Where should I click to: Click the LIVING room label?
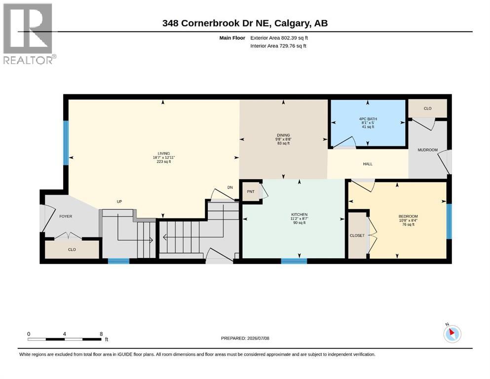(x=164, y=153)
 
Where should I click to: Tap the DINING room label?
(x=283, y=135)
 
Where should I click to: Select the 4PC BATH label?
(x=368, y=119)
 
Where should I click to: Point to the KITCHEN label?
(x=300, y=215)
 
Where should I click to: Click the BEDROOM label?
(x=408, y=216)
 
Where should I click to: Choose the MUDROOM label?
(x=427, y=150)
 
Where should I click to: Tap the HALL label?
(x=368, y=164)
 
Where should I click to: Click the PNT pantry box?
(x=251, y=191)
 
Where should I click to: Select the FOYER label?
(x=66, y=216)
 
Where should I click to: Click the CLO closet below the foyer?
(x=72, y=249)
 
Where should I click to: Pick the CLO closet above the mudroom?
(x=427, y=109)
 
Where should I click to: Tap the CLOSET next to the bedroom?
(x=357, y=235)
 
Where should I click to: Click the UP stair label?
(x=119, y=202)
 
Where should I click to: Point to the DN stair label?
(x=230, y=188)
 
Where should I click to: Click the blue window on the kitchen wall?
(x=294, y=261)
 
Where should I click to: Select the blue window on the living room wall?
(x=66, y=143)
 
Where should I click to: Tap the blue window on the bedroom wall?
(x=449, y=222)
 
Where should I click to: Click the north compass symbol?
(x=452, y=334)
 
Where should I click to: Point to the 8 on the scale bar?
(x=101, y=334)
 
